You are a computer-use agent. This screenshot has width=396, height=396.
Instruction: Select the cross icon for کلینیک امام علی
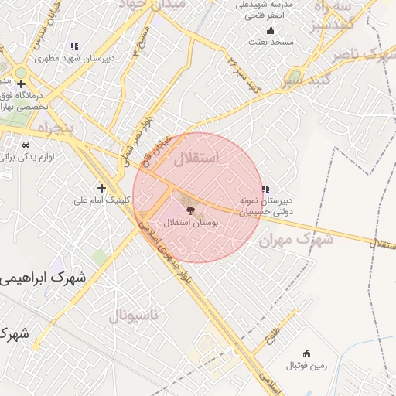[101, 188]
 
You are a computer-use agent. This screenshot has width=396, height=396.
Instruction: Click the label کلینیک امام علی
[103, 200]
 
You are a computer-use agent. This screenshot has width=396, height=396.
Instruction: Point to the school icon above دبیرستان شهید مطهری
[74, 47]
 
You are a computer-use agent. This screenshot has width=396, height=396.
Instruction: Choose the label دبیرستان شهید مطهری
[76, 59]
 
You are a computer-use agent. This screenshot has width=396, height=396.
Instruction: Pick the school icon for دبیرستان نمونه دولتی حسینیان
[265, 189]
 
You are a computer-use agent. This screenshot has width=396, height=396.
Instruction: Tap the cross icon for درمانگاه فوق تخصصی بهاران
[21, 84]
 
